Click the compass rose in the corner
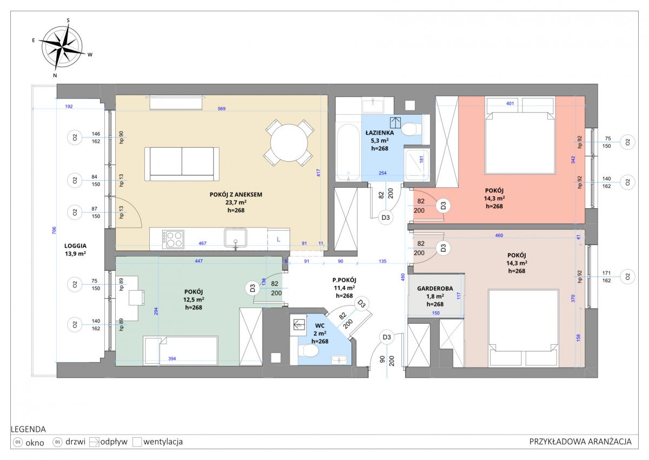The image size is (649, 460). point(62,48)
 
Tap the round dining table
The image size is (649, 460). point(289,143)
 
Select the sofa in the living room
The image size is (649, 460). point(182,164)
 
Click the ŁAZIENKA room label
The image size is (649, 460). point(380,133)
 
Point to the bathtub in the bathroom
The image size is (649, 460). point(348,153)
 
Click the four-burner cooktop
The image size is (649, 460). point(173,239)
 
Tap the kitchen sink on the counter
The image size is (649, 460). point(236,238)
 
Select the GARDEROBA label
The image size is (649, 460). point(435,288)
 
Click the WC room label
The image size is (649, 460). point(320,326)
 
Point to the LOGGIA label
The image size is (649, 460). point(75,246)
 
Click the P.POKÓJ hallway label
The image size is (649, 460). point(344,280)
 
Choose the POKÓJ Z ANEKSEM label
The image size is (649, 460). point(236,194)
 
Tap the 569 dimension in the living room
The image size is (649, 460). point(222,109)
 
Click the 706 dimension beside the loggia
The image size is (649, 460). point(54,231)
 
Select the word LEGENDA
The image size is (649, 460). point(28,429)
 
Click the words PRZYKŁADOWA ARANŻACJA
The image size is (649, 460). point(580,442)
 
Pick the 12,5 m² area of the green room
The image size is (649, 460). point(194,299)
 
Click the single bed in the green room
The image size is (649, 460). point(181,351)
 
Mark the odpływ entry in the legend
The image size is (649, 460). point(108,442)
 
